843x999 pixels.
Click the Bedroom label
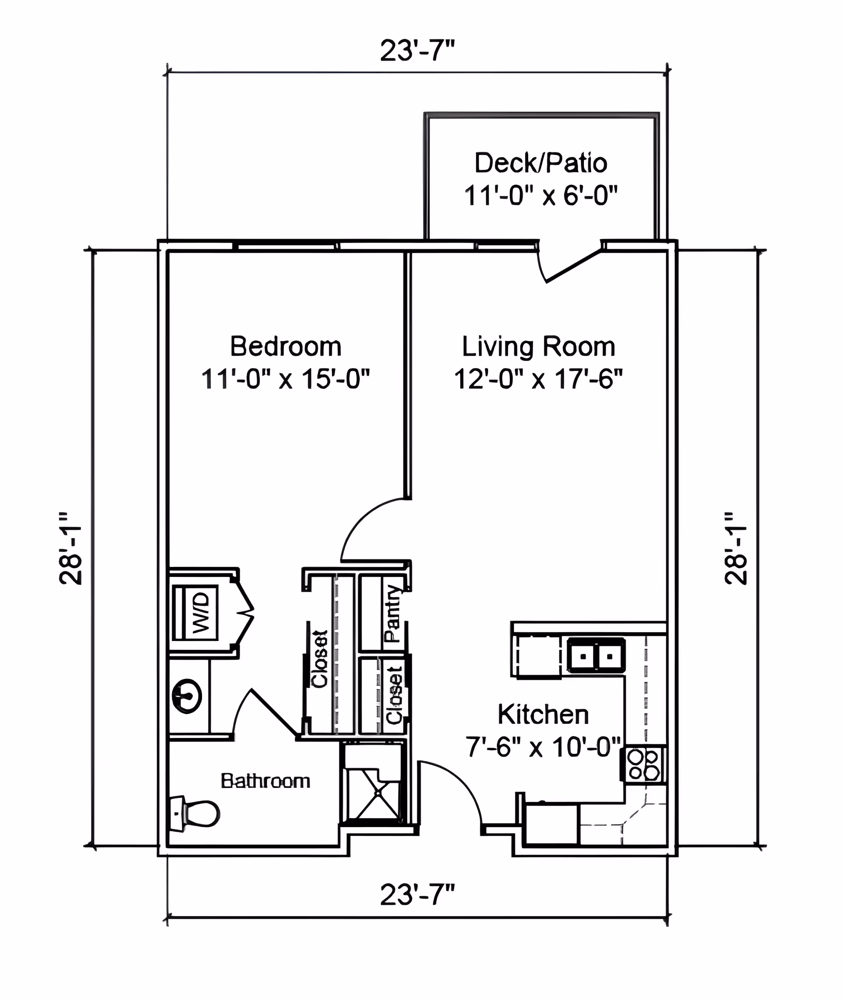[286, 346]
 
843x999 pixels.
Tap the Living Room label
[539, 346]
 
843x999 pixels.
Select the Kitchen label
[544, 714]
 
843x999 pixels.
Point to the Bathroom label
[266, 781]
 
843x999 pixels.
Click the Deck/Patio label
[541, 163]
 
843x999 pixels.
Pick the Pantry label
[393, 614]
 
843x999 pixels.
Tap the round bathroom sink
[187, 696]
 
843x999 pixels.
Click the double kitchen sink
[596, 655]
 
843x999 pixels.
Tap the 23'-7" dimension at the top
[417, 50]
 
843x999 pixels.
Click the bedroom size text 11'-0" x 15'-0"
[286, 379]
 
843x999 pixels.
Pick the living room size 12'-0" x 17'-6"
[539, 379]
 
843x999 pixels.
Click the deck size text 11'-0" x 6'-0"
[541, 195]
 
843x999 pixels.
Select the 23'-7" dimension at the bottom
[417, 895]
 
